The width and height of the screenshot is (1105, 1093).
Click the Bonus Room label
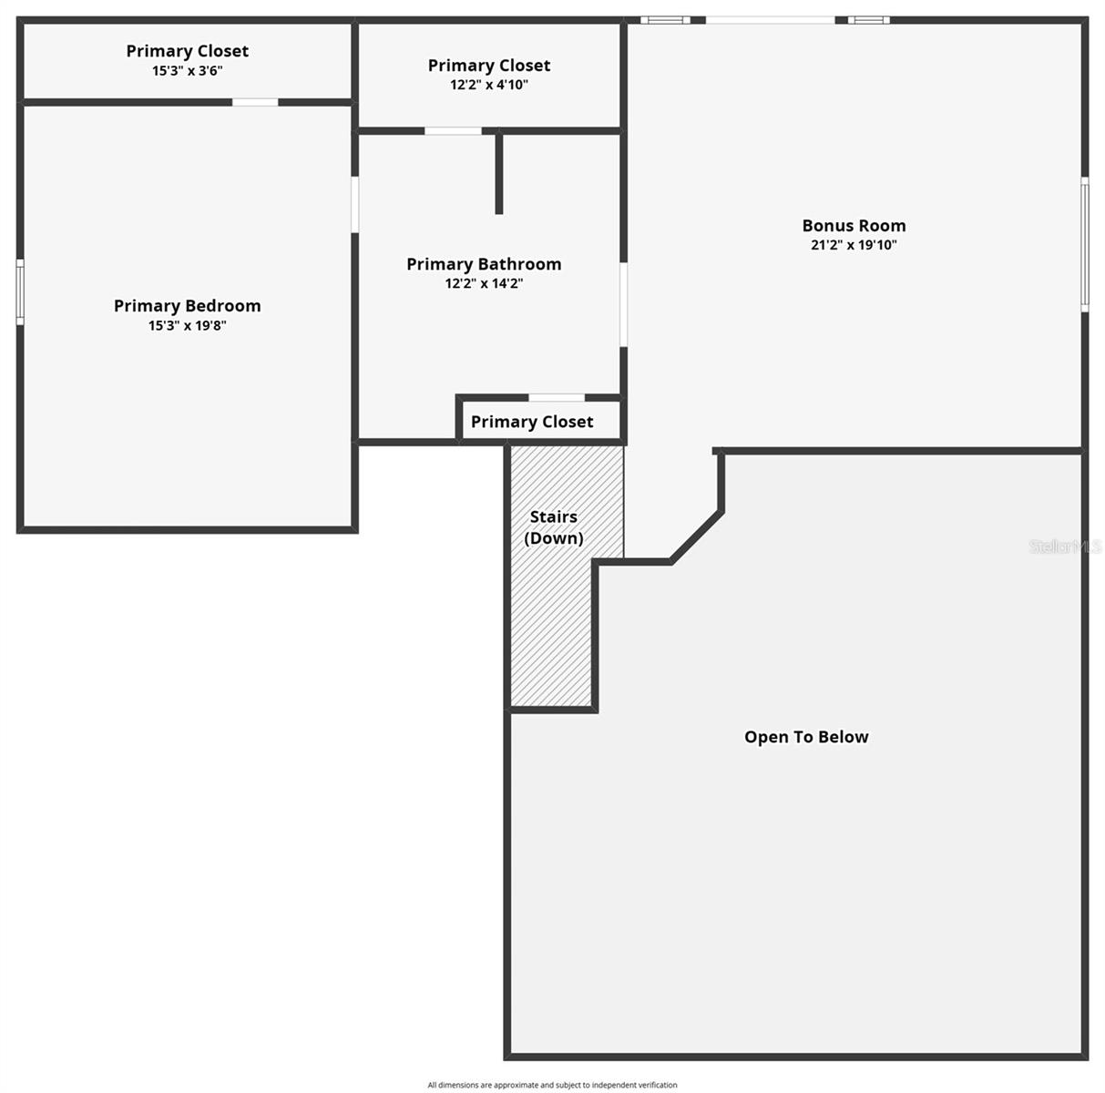854,226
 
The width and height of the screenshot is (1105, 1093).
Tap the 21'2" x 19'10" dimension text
854,245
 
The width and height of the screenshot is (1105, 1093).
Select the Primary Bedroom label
187,306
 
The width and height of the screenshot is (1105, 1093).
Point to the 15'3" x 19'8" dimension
187,325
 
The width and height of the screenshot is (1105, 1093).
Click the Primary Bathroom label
484,264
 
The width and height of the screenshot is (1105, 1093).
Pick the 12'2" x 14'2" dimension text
484,283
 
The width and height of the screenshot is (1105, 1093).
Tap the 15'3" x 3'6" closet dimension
187,70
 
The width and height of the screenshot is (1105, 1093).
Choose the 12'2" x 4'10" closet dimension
489,85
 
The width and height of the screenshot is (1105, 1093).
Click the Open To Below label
806,737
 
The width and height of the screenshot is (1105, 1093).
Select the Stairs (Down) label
554,527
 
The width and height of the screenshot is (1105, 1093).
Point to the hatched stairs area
551,638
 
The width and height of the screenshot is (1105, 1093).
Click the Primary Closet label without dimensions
532,422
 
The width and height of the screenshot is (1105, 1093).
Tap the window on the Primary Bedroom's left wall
20,291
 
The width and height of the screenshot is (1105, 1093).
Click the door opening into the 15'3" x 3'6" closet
255,102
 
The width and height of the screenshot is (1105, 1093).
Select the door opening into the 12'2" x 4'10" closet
453,131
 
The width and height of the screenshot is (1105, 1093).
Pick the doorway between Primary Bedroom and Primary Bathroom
355,204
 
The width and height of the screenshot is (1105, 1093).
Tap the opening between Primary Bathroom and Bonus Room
624,304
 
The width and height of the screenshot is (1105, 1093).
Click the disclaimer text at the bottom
552,1085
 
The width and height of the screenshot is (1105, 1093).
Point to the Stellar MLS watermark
1065,546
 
